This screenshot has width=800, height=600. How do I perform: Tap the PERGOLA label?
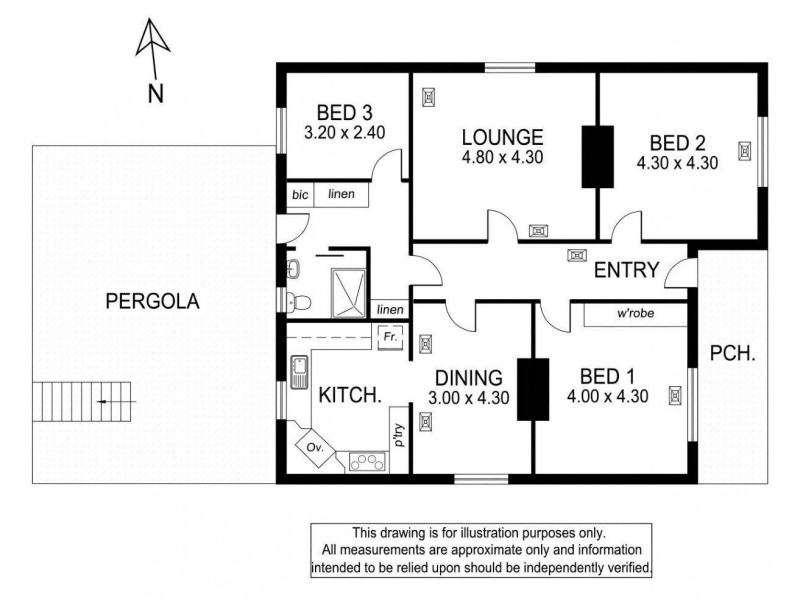[154, 300]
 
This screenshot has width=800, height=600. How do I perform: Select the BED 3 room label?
[344, 112]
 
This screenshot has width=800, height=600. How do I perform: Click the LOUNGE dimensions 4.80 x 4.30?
[502, 157]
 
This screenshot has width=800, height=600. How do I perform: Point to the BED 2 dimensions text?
[677, 163]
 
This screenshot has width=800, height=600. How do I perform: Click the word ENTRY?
[626, 270]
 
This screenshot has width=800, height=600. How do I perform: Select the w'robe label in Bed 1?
[636, 314]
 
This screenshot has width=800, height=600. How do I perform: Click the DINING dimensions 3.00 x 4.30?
[470, 397]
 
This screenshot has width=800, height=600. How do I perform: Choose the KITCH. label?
[349, 395]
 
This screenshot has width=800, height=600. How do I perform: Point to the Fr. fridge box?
[390, 338]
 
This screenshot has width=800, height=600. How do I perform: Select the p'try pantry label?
[399, 438]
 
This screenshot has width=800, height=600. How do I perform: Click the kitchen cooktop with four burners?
[367, 461]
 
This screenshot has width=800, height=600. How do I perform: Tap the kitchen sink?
[297, 373]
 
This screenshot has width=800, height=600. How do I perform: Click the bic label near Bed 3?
[300, 194]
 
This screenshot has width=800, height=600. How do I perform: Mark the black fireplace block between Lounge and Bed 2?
[596, 155]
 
